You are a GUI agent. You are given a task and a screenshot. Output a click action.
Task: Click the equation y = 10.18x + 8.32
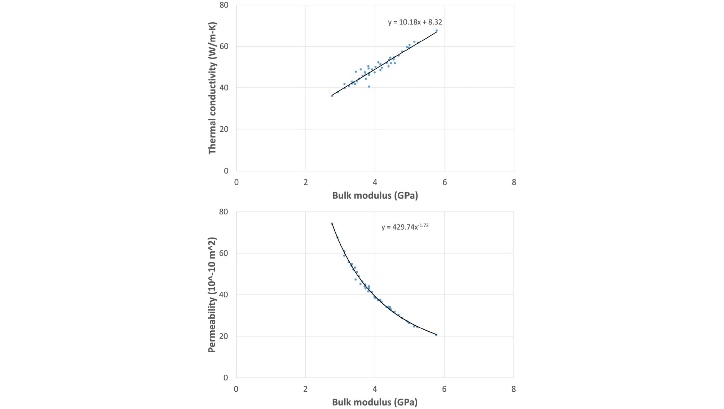pos(415,22)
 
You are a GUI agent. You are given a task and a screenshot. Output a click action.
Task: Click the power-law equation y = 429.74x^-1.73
pos(405,227)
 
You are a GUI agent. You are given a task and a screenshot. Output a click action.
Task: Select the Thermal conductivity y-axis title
pos(212,88)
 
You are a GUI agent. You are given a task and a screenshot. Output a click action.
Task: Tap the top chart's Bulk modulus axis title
pos(375,196)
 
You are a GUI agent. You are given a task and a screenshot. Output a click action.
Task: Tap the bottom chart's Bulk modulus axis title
pos(375,402)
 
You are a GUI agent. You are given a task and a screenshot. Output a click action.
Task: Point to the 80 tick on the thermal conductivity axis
pos(224,5)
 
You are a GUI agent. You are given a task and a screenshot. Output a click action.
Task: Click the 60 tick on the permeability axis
pos(224,253)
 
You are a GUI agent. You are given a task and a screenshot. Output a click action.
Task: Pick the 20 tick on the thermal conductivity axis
pos(224,129)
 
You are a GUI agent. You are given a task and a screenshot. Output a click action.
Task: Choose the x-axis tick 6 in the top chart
pos(445,182)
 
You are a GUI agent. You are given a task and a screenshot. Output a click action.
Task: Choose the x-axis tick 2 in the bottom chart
pos(305,389)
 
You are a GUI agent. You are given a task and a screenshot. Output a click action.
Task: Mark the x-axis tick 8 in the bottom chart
pos(513,389)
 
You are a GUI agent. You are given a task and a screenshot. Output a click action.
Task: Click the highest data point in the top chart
pos(437,31)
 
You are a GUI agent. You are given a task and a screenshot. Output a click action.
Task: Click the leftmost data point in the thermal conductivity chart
pos(332,96)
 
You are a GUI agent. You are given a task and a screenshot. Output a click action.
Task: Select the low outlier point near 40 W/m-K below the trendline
pos(369,87)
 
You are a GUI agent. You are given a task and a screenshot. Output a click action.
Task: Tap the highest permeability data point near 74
pos(332,224)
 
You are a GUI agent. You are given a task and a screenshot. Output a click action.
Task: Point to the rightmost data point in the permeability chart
pos(436,335)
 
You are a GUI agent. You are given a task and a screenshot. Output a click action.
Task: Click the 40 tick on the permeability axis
pos(224,295)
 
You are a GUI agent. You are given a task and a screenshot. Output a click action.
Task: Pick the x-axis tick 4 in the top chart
pos(375,182)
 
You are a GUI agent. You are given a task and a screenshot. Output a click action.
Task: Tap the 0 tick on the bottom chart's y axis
pos(226,378)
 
